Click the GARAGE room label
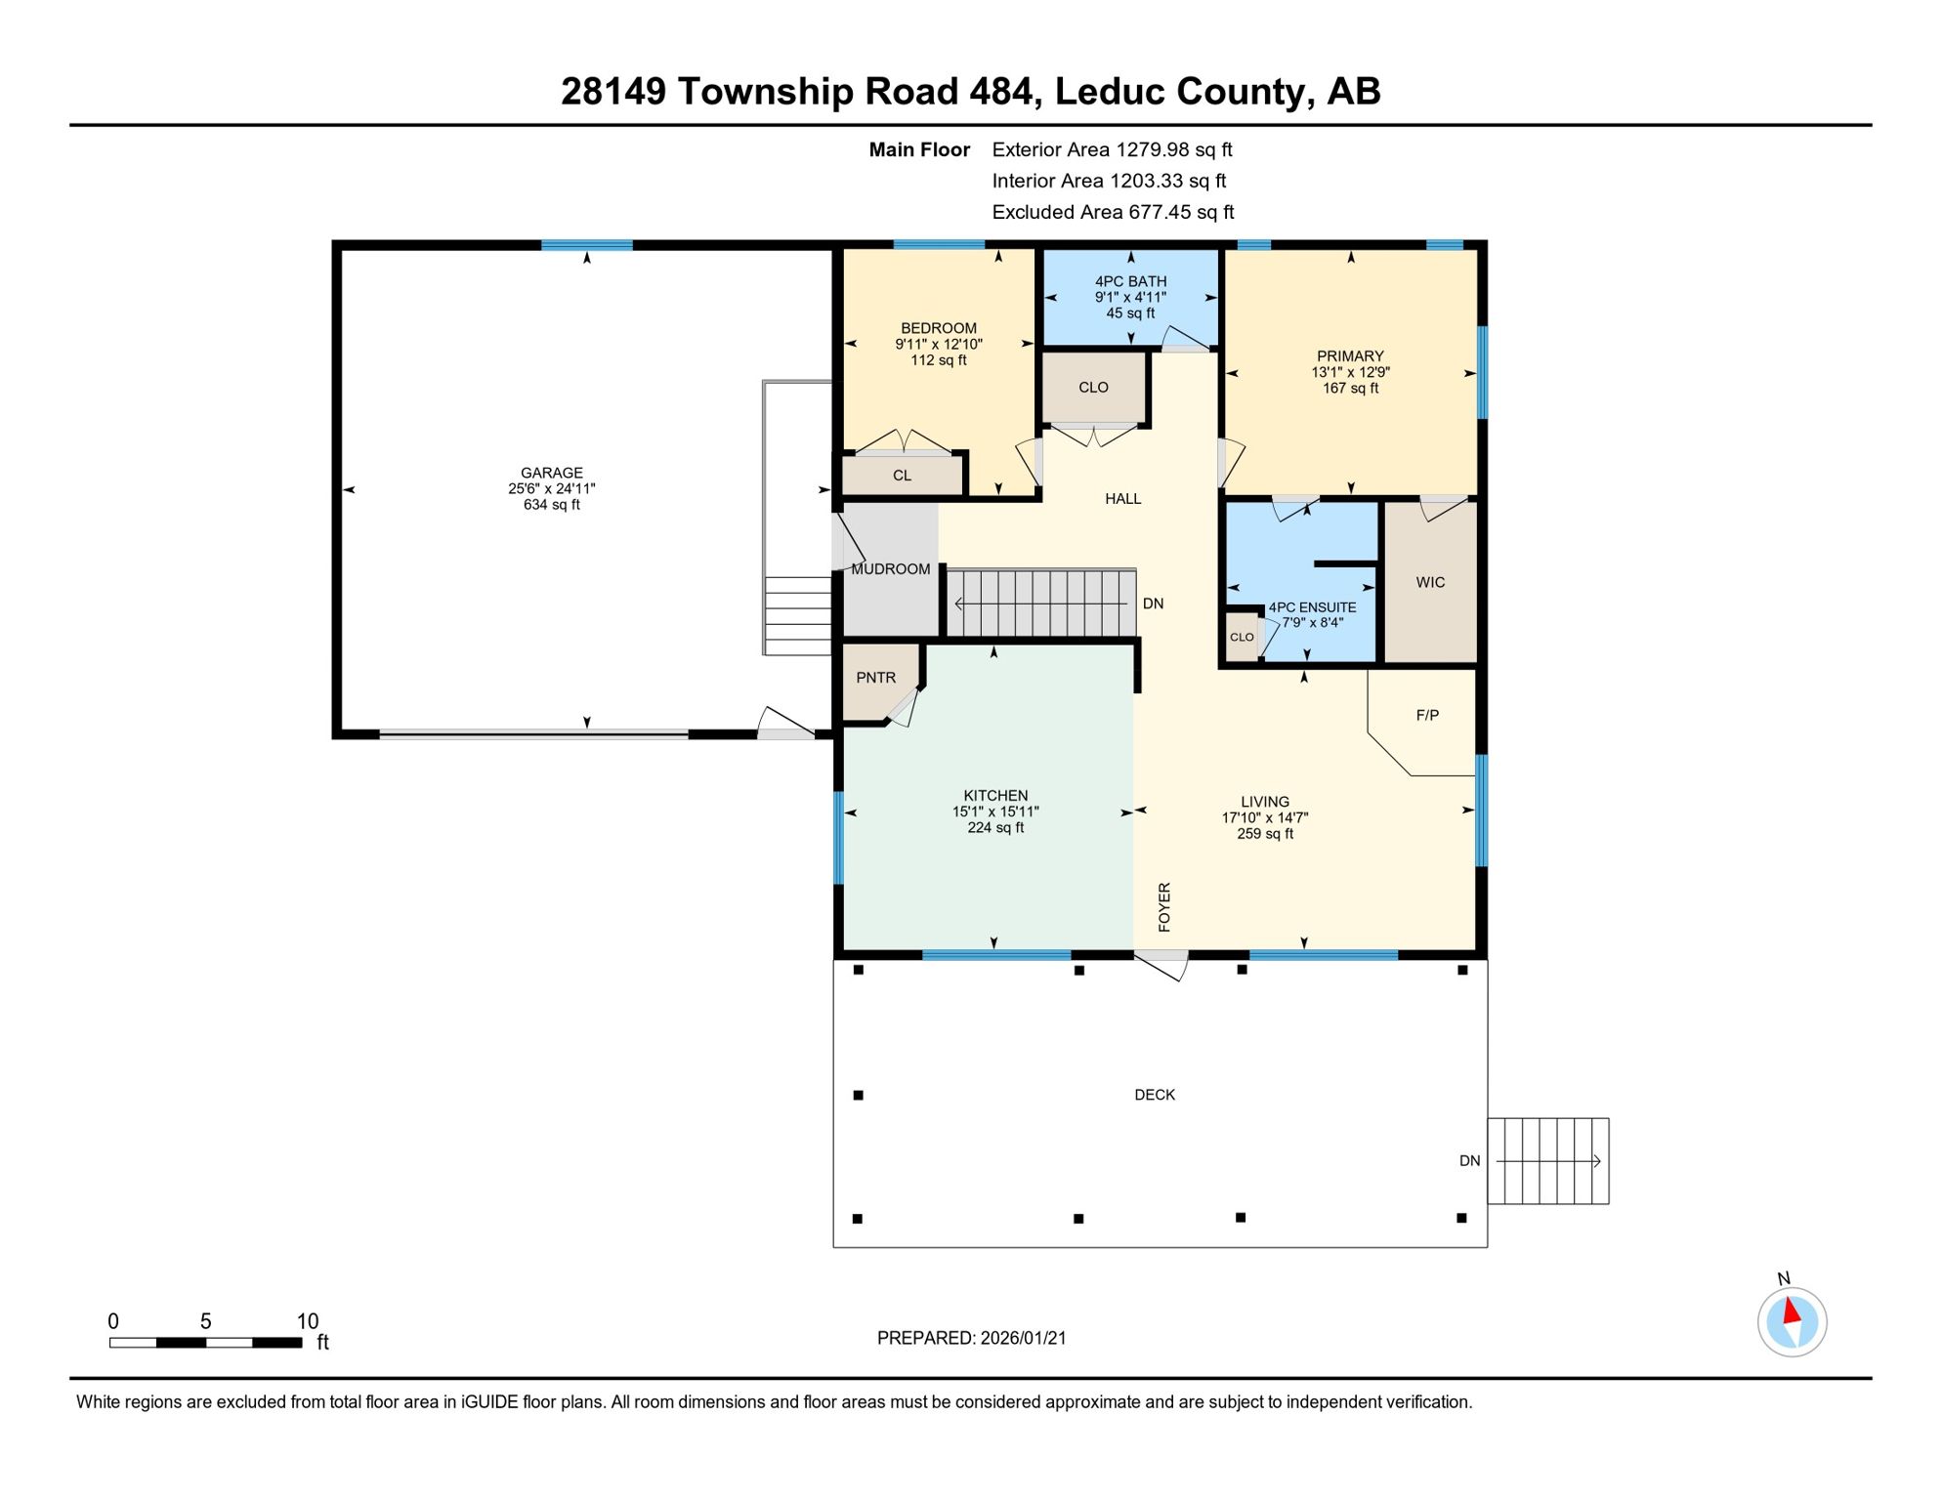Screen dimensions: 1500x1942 click(x=551, y=473)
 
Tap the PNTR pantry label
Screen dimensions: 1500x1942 click(x=875, y=678)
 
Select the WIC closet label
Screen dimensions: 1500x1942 click(x=1430, y=583)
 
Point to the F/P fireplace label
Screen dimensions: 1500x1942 click(x=1427, y=716)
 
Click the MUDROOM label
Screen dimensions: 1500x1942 click(x=890, y=569)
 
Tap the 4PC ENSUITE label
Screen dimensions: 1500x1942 click(x=1312, y=607)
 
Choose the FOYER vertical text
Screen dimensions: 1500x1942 click(x=1164, y=906)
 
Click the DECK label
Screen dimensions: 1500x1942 click(x=1154, y=1096)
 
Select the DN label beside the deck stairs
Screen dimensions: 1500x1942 click(x=1469, y=1161)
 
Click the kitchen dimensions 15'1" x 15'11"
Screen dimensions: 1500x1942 click(x=995, y=812)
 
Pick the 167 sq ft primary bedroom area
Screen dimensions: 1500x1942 click(x=1350, y=389)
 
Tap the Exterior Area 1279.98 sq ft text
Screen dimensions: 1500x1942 click(x=1112, y=149)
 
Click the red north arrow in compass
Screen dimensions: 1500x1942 click(x=1792, y=1310)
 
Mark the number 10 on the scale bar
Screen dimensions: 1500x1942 click(x=308, y=1321)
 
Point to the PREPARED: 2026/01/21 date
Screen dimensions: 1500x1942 click(x=971, y=1339)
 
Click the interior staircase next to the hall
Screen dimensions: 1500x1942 click(x=1041, y=604)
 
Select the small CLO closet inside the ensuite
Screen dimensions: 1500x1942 click(x=1242, y=638)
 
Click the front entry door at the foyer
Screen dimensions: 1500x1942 click(x=1161, y=964)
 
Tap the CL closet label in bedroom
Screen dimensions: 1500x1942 click(x=902, y=477)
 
